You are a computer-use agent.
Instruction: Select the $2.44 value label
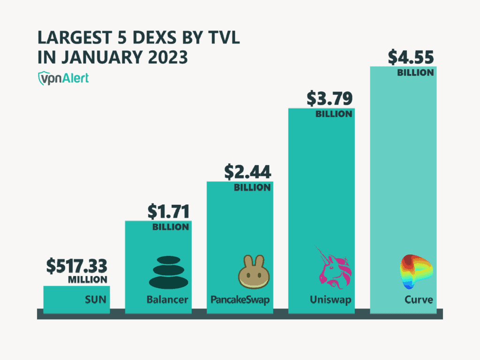pos(247,173)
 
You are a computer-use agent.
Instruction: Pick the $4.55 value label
pos(411,57)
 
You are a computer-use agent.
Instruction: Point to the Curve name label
pos(418,300)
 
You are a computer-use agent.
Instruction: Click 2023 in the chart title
pos(166,57)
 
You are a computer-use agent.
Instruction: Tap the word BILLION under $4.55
pos(415,73)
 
